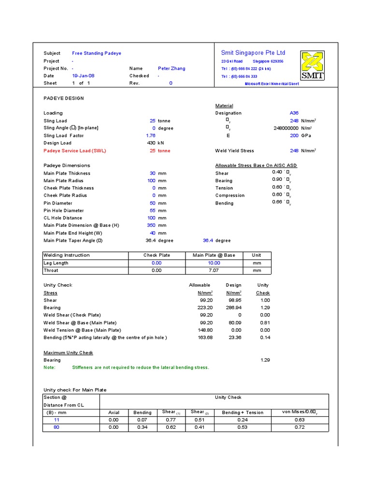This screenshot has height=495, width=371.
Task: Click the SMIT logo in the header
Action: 313,65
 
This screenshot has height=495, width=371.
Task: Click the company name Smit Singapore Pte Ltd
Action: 253,53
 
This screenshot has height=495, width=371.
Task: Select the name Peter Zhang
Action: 171,69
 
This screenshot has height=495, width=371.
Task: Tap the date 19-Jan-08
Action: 82,76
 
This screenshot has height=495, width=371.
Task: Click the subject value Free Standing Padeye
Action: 97,53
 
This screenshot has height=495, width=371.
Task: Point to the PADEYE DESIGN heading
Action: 63,98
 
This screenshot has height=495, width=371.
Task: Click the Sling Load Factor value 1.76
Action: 150,136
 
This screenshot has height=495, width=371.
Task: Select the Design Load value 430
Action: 151,143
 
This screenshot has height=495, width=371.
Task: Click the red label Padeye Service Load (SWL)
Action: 74,151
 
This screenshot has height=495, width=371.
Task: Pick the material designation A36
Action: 294,113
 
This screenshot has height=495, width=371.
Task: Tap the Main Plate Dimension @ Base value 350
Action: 151,225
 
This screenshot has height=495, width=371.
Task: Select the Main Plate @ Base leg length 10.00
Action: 214,263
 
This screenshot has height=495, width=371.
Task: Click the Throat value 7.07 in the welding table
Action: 214,271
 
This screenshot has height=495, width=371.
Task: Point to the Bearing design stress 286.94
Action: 233,307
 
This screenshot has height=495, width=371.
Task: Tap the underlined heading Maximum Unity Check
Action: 68,353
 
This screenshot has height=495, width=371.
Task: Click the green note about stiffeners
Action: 140,367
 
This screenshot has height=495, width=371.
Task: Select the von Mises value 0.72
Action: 300,427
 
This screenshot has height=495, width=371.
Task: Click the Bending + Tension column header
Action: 243,412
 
